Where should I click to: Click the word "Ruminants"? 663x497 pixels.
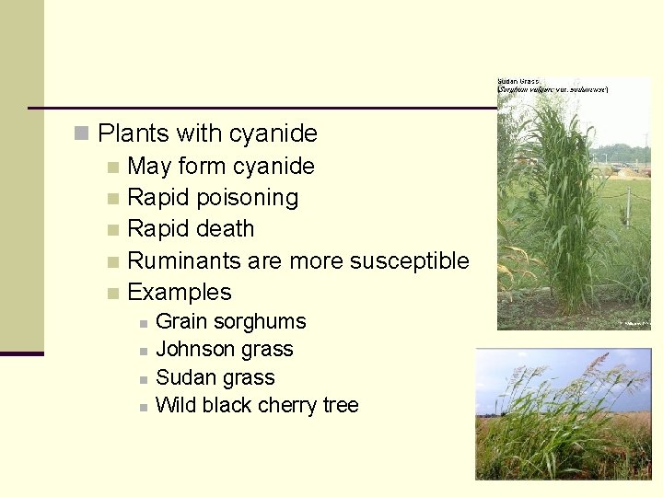click(183, 260)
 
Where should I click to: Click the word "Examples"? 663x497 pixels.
click(180, 293)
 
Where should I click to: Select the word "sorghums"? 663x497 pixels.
click(262, 322)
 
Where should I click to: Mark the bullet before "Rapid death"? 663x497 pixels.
click(112, 229)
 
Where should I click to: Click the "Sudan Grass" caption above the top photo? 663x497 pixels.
click(519, 82)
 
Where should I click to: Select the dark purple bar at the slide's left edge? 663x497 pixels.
click(21, 353)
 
